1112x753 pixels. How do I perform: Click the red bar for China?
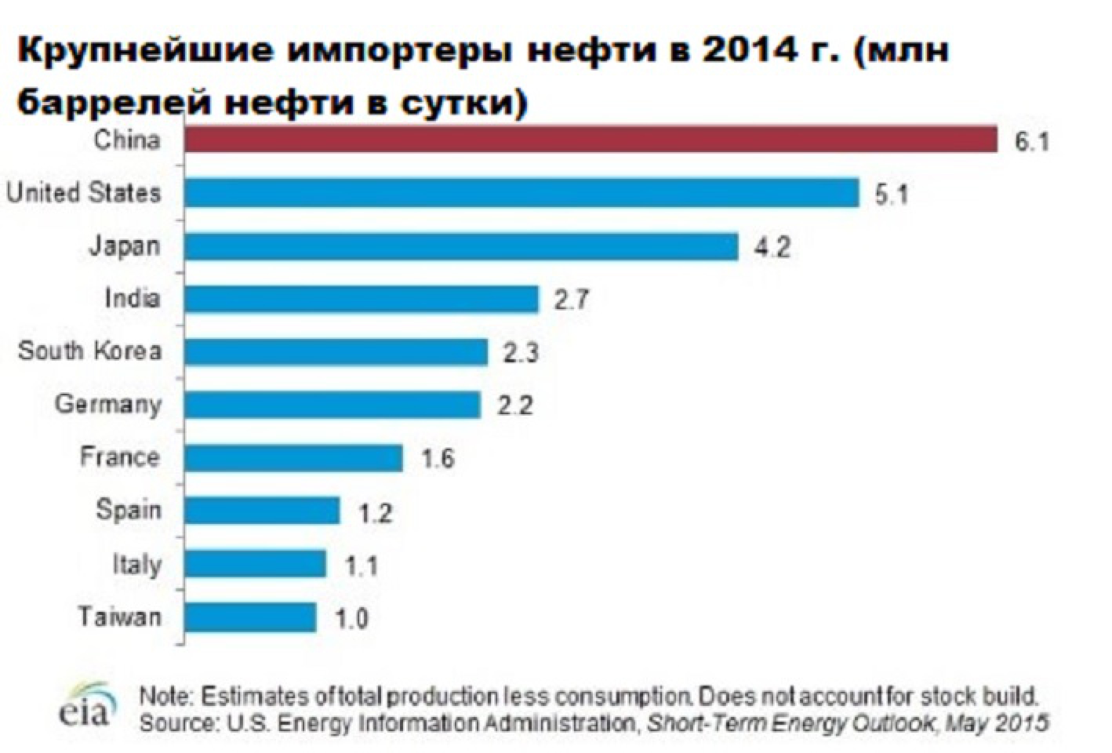point(591,140)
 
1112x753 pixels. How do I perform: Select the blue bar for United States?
point(521,193)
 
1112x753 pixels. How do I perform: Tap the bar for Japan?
point(461,247)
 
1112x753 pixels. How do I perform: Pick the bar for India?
point(361,299)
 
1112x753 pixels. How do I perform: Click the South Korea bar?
point(336,352)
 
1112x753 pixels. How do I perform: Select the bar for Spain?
point(262,511)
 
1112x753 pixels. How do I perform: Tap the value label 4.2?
point(772,248)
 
